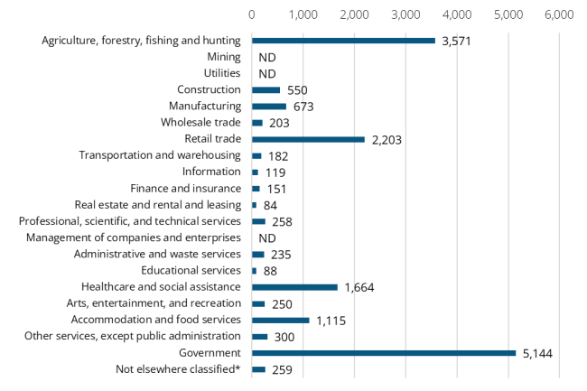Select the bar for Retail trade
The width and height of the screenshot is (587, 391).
[308, 139]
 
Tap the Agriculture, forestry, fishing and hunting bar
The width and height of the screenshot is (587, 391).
[343, 41]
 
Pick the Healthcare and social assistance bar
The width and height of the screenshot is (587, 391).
[294, 287]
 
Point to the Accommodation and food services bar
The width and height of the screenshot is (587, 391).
[280, 320]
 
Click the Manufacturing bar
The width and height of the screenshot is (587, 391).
[269, 106]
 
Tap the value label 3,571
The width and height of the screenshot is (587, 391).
[458, 42]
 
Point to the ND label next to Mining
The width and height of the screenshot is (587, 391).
[267, 58]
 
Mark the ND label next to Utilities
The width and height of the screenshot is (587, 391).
[267, 74]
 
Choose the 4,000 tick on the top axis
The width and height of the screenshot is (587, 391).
[457, 14]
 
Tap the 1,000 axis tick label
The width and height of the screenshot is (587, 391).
[303, 14]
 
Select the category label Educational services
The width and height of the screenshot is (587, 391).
[191, 270]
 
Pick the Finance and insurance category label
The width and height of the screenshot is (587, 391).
[186, 188]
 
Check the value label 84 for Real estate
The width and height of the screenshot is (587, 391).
[271, 206]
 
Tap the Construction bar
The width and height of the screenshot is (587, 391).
[266, 89]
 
